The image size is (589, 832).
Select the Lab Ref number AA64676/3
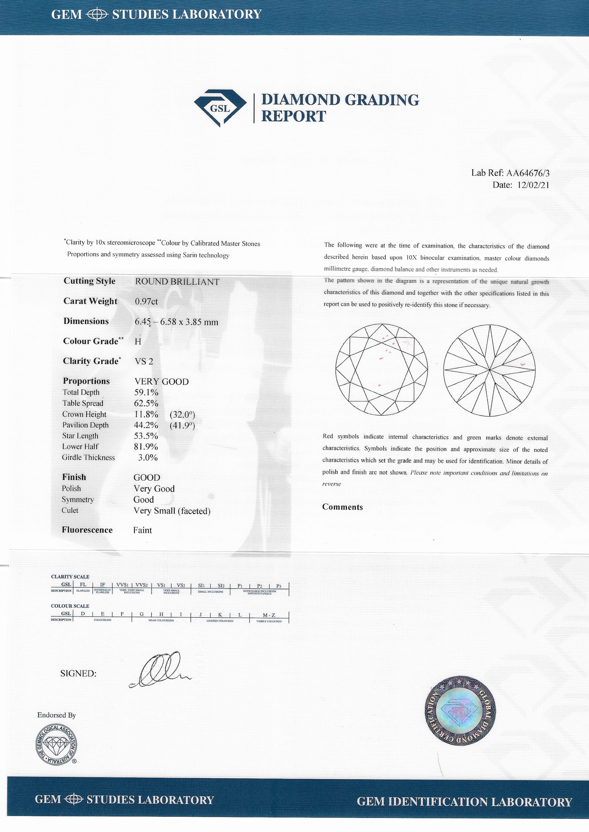(528, 173)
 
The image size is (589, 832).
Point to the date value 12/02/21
(533, 185)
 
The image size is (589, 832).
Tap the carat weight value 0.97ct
(146, 302)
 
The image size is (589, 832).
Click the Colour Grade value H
(138, 342)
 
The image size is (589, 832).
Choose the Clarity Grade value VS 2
(144, 362)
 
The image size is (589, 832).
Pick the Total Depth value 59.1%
(146, 392)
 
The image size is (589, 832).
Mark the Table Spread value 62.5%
(146, 403)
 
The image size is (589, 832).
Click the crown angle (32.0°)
(182, 414)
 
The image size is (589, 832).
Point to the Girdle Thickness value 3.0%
(148, 458)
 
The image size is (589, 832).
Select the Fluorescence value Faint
(143, 530)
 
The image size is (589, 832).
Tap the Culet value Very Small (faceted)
(172, 511)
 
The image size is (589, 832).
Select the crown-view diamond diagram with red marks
(382, 369)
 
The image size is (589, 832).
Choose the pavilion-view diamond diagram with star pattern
(489, 369)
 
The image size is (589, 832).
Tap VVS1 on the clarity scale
(122, 585)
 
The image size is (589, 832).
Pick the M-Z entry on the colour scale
(269, 615)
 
